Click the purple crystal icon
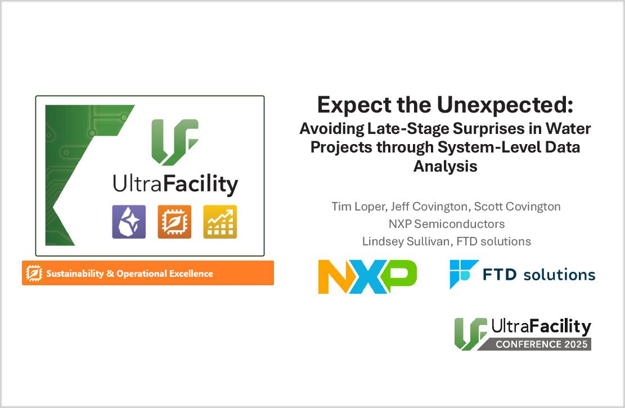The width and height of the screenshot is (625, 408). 129,222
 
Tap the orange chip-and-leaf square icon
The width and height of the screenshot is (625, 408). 174,222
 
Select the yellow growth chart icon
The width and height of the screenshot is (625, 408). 220,222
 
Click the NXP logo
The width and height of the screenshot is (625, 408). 367,276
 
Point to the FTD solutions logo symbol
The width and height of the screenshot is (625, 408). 464,274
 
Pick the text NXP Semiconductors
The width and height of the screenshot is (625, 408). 446,224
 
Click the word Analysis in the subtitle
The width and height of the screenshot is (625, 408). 446,166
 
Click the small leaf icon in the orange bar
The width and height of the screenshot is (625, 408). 34,274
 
